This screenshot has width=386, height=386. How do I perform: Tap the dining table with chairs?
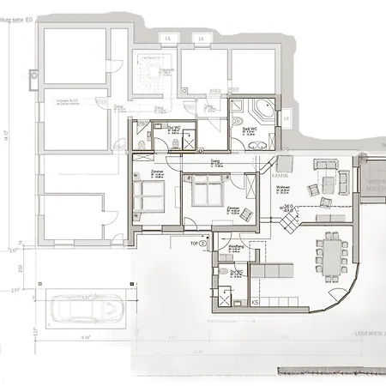329,250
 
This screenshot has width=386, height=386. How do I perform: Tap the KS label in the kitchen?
256,302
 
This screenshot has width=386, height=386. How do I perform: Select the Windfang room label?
236,246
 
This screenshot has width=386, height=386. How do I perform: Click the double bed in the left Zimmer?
148,195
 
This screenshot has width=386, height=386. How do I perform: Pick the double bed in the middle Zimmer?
207,190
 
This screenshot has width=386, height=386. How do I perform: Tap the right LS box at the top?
201,39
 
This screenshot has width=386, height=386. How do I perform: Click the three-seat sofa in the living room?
325,165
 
